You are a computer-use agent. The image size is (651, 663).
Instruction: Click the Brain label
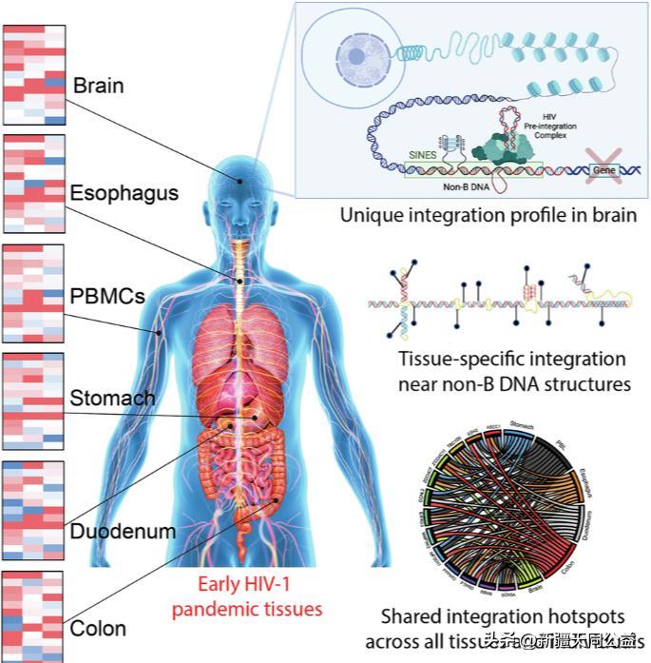pos(98,87)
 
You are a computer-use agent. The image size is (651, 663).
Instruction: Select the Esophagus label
pos(124,192)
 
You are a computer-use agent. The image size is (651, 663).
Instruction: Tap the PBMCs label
pos(106,296)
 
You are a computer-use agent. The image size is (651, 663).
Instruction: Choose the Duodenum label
pos(123,531)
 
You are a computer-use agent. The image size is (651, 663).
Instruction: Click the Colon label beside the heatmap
pos(98,629)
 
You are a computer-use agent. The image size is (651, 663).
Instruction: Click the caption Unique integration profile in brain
pos(488,216)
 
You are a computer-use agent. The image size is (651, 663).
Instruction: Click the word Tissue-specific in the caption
pos(438,361)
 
